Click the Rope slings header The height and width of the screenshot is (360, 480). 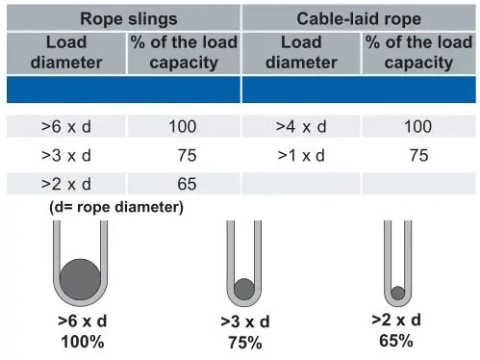[120, 17]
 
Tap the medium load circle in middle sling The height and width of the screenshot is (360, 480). [244, 287]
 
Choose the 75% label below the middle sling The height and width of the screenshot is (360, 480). [244, 341]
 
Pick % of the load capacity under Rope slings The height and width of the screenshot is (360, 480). [181, 54]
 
